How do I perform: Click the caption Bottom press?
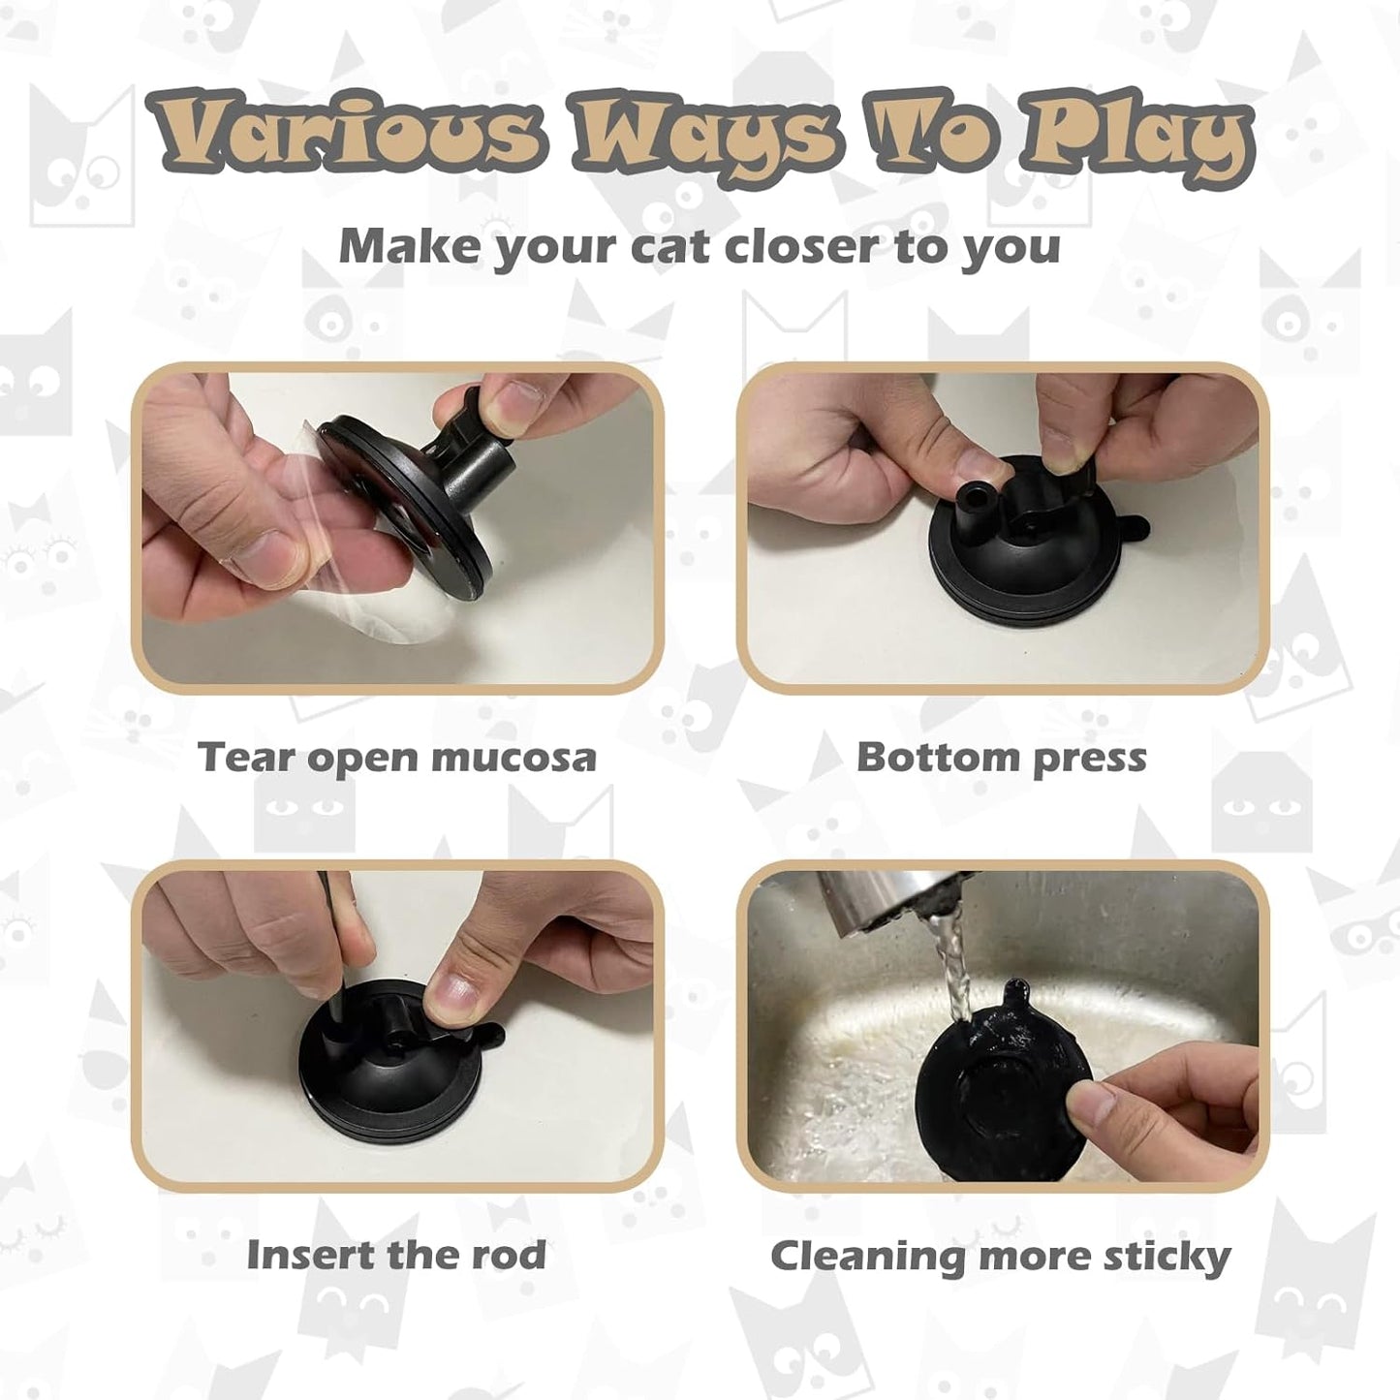tap(1001, 758)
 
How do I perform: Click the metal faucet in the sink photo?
tap(872, 901)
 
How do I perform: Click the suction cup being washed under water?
tap(1008, 1095)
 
